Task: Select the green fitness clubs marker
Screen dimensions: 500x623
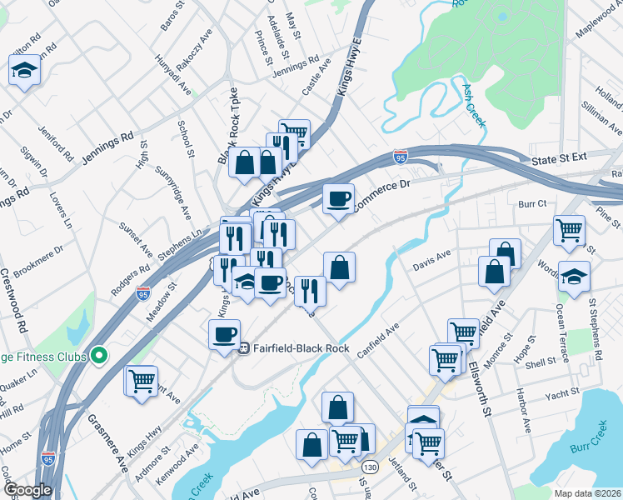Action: point(99,357)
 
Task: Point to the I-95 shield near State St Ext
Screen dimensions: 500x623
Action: point(401,157)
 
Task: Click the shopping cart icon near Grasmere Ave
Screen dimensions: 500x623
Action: point(142,381)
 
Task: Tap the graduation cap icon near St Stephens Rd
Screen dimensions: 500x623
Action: point(574,276)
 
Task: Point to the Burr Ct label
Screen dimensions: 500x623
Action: point(531,203)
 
